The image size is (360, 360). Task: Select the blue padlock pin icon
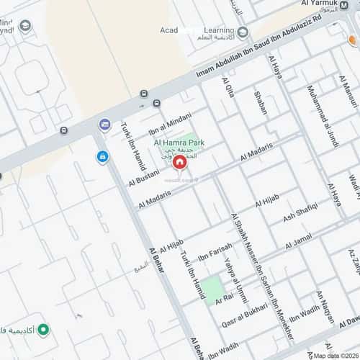(103, 156)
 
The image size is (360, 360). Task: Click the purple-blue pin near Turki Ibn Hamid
(105, 125)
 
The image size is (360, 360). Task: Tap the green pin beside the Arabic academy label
(44, 330)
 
